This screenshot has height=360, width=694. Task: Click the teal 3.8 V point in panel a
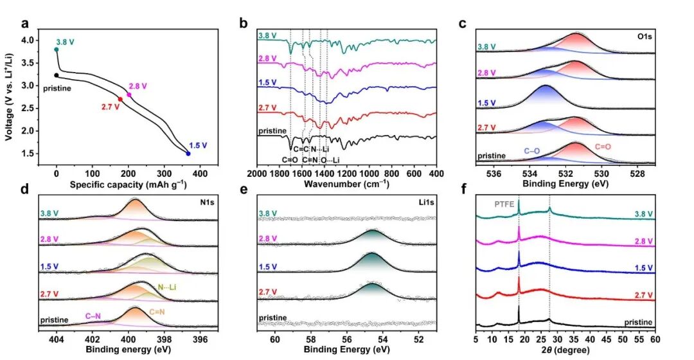point(57,49)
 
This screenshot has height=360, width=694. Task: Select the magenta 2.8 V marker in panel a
point(129,94)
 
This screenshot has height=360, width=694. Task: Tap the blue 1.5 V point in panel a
point(188,154)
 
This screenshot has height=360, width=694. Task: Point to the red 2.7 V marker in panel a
point(120,98)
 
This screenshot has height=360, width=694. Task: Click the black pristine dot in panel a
point(57,75)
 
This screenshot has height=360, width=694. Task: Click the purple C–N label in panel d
point(96,316)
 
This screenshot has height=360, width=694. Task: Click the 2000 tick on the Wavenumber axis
point(256,174)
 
